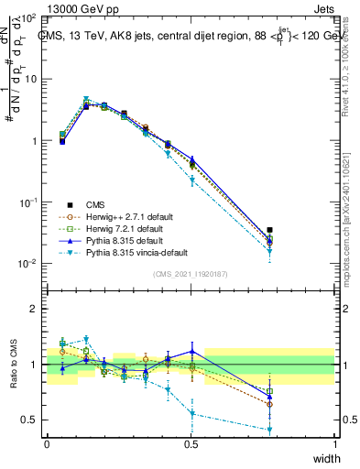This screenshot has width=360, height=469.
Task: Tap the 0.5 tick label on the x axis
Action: click(191, 444)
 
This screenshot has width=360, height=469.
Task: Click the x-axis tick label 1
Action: click(335, 444)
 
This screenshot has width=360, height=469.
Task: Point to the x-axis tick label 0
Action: click(48, 444)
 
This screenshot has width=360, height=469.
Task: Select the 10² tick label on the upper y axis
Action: click(28, 18)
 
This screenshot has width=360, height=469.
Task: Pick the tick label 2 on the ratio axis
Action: click(34, 309)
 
